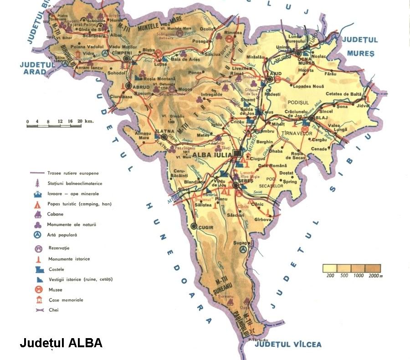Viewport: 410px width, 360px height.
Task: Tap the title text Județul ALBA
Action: [x=61, y=343]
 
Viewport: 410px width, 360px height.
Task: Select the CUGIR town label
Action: [x=208, y=226]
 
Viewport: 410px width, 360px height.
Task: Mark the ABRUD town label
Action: [x=141, y=86]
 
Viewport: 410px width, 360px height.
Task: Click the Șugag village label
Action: [x=243, y=243]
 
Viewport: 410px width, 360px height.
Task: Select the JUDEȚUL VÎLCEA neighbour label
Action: [x=288, y=345]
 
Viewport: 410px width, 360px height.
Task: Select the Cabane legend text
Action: [x=55, y=214]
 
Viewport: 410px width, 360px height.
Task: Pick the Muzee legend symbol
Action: [x=39, y=289]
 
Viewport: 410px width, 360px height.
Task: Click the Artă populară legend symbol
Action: [x=39, y=235]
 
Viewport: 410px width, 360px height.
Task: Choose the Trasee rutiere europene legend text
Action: [x=73, y=173]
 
